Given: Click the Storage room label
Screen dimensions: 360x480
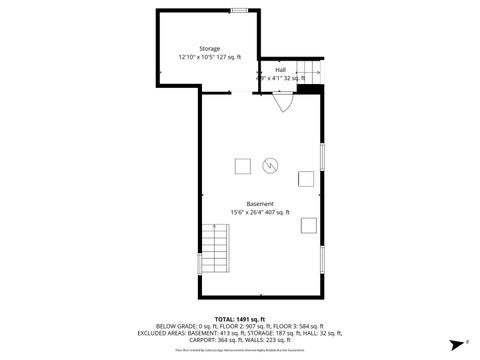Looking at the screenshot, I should coord(209,49).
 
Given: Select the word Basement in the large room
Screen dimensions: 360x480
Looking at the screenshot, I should coord(260,204).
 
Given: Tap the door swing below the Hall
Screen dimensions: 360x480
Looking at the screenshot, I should coord(283,99).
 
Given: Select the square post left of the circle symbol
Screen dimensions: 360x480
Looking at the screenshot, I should coord(242,165).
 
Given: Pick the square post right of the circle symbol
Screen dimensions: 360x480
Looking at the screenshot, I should coord(305,179).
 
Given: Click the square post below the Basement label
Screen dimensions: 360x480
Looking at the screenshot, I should coord(308,224).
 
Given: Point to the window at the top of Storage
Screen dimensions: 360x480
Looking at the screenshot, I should coord(239,10).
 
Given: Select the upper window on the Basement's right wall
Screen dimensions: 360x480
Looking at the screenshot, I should coord(322,155).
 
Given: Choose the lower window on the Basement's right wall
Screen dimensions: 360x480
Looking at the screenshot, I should coord(322,257).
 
